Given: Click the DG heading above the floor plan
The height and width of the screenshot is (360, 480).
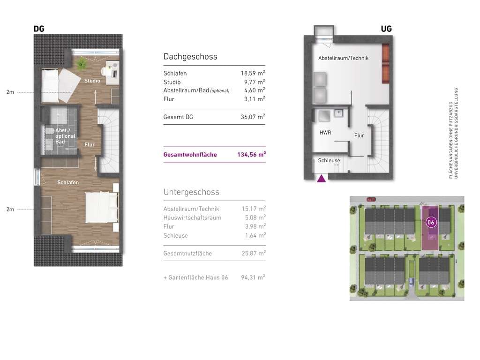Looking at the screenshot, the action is [x=39, y=29].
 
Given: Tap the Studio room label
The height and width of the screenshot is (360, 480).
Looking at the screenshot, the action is [x=92, y=81].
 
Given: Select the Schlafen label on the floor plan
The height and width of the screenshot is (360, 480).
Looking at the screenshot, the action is [x=68, y=182].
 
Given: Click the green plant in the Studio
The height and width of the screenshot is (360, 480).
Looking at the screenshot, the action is [x=81, y=64].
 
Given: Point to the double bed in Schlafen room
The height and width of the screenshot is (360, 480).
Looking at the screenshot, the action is [x=101, y=207].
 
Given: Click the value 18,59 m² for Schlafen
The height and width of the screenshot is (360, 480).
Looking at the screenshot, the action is [x=253, y=73].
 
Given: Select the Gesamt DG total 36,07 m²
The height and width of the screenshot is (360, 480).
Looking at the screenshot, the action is [x=253, y=117].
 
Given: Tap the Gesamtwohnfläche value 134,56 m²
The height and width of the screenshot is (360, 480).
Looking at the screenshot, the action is [x=251, y=155].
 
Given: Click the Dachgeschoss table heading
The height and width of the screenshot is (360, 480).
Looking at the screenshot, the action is [x=190, y=56].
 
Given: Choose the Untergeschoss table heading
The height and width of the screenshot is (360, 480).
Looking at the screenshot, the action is [x=191, y=192].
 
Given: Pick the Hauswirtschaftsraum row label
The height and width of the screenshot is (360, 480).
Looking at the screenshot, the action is [x=192, y=217].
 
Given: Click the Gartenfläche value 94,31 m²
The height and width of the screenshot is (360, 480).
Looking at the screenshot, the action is [x=253, y=277].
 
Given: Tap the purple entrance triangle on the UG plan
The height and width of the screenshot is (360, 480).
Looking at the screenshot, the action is [x=322, y=179].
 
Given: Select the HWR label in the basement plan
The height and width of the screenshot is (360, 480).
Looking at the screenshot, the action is [x=325, y=133].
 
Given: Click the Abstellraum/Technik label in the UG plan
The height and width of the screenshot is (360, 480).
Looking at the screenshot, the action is [x=343, y=58].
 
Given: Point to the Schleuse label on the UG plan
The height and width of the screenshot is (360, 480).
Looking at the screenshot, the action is [x=329, y=160].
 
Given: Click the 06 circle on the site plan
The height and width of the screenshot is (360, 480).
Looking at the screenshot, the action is [x=431, y=222].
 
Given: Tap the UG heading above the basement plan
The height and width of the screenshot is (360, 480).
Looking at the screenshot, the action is [x=386, y=29].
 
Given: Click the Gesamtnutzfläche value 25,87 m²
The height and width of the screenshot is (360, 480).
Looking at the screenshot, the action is [x=254, y=253].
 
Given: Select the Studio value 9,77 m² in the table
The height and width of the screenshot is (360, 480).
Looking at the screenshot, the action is [x=255, y=82].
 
